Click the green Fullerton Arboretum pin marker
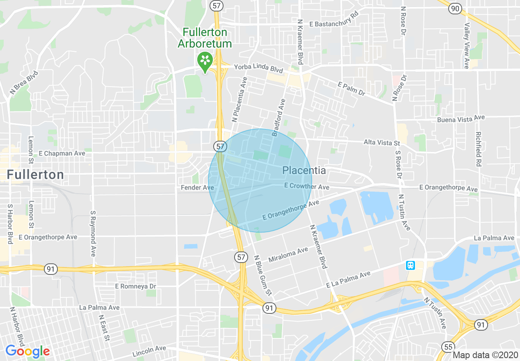205,60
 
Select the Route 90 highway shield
455,9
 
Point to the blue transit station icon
411,265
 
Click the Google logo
27,351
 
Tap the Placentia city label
304,171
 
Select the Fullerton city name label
35,175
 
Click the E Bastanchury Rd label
334,24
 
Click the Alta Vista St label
381,143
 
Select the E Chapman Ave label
62,153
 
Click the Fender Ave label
197,187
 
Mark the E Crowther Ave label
307,186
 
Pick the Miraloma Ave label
288,254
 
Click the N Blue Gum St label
262,276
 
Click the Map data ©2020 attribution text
485,355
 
